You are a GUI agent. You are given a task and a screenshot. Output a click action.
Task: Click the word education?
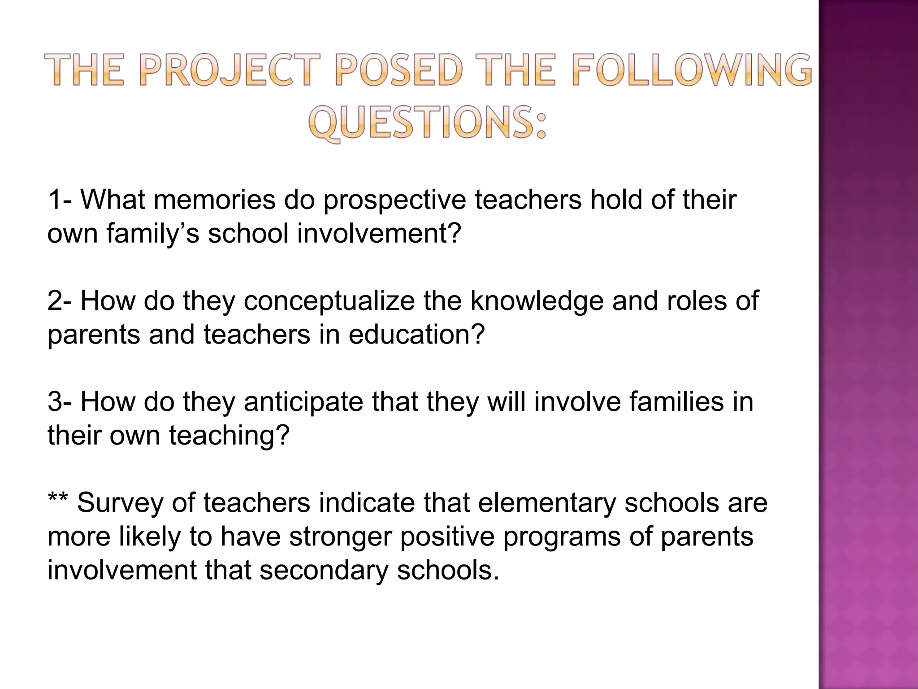(417, 335)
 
